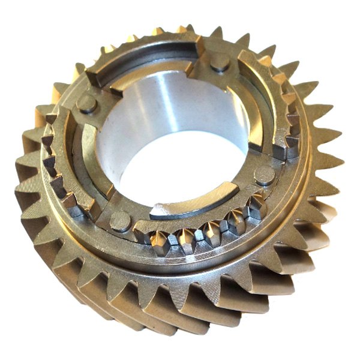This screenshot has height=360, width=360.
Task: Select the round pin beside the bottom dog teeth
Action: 120,220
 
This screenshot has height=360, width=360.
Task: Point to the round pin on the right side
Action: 264,175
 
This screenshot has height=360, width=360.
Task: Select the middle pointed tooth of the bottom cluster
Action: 210,232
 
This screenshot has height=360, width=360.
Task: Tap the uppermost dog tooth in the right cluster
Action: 282,96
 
